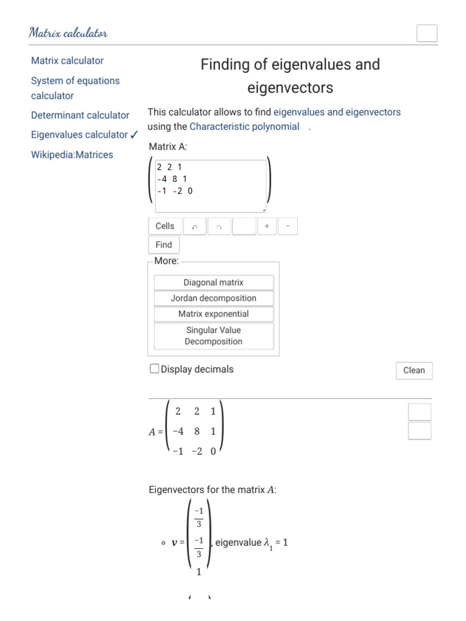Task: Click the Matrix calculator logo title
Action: [68, 33]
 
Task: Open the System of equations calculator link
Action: [75, 88]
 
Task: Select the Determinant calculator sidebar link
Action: [80, 115]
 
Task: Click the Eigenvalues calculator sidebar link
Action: [79, 135]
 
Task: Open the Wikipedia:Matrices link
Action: [72, 155]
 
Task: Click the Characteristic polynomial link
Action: [244, 127]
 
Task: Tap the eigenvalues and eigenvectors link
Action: [337, 112]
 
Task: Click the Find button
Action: [164, 245]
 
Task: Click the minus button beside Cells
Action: [288, 226]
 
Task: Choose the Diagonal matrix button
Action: [214, 283]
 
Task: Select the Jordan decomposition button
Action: [214, 298]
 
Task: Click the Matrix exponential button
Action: [214, 314]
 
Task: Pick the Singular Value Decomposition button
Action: [214, 336]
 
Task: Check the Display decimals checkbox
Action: [155, 369]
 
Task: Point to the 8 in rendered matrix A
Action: [197, 432]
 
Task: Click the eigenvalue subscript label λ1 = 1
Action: [275, 543]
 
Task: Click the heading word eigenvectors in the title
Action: [290, 88]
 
